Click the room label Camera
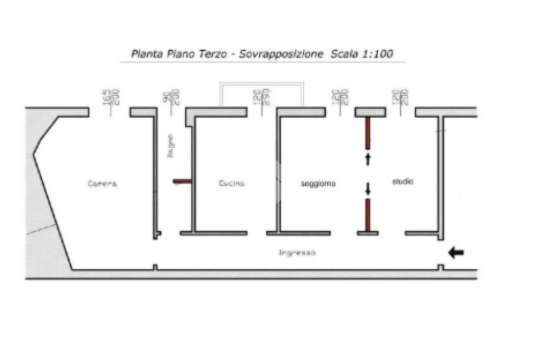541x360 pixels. click(102, 184)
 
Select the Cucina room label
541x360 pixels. click(231, 184)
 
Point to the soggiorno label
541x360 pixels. click(318, 184)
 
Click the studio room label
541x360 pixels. click(403, 182)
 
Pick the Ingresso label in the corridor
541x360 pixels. click(297, 253)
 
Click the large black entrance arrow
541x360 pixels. click(456, 253)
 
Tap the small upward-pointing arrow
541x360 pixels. click(368, 159)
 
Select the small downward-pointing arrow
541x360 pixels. click(368, 188)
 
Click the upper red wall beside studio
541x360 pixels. click(368, 133)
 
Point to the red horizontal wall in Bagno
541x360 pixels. click(182, 182)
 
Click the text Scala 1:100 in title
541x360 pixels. click(362, 54)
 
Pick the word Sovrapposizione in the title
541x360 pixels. click(281, 54)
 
